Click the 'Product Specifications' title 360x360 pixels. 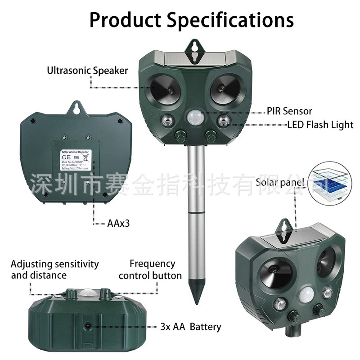(x=191, y=20)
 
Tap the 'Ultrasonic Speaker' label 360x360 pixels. (x=88, y=70)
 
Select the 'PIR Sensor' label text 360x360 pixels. (x=289, y=111)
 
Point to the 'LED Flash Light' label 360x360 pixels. (x=320, y=125)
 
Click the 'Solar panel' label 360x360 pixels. (x=280, y=182)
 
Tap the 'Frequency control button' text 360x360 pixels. (x=150, y=270)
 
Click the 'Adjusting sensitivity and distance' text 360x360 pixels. (x=54, y=269)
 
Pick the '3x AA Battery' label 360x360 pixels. (x=191, y=326)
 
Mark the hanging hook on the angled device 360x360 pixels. (x=285, y=225)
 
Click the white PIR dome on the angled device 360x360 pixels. (x=308, y=295)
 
